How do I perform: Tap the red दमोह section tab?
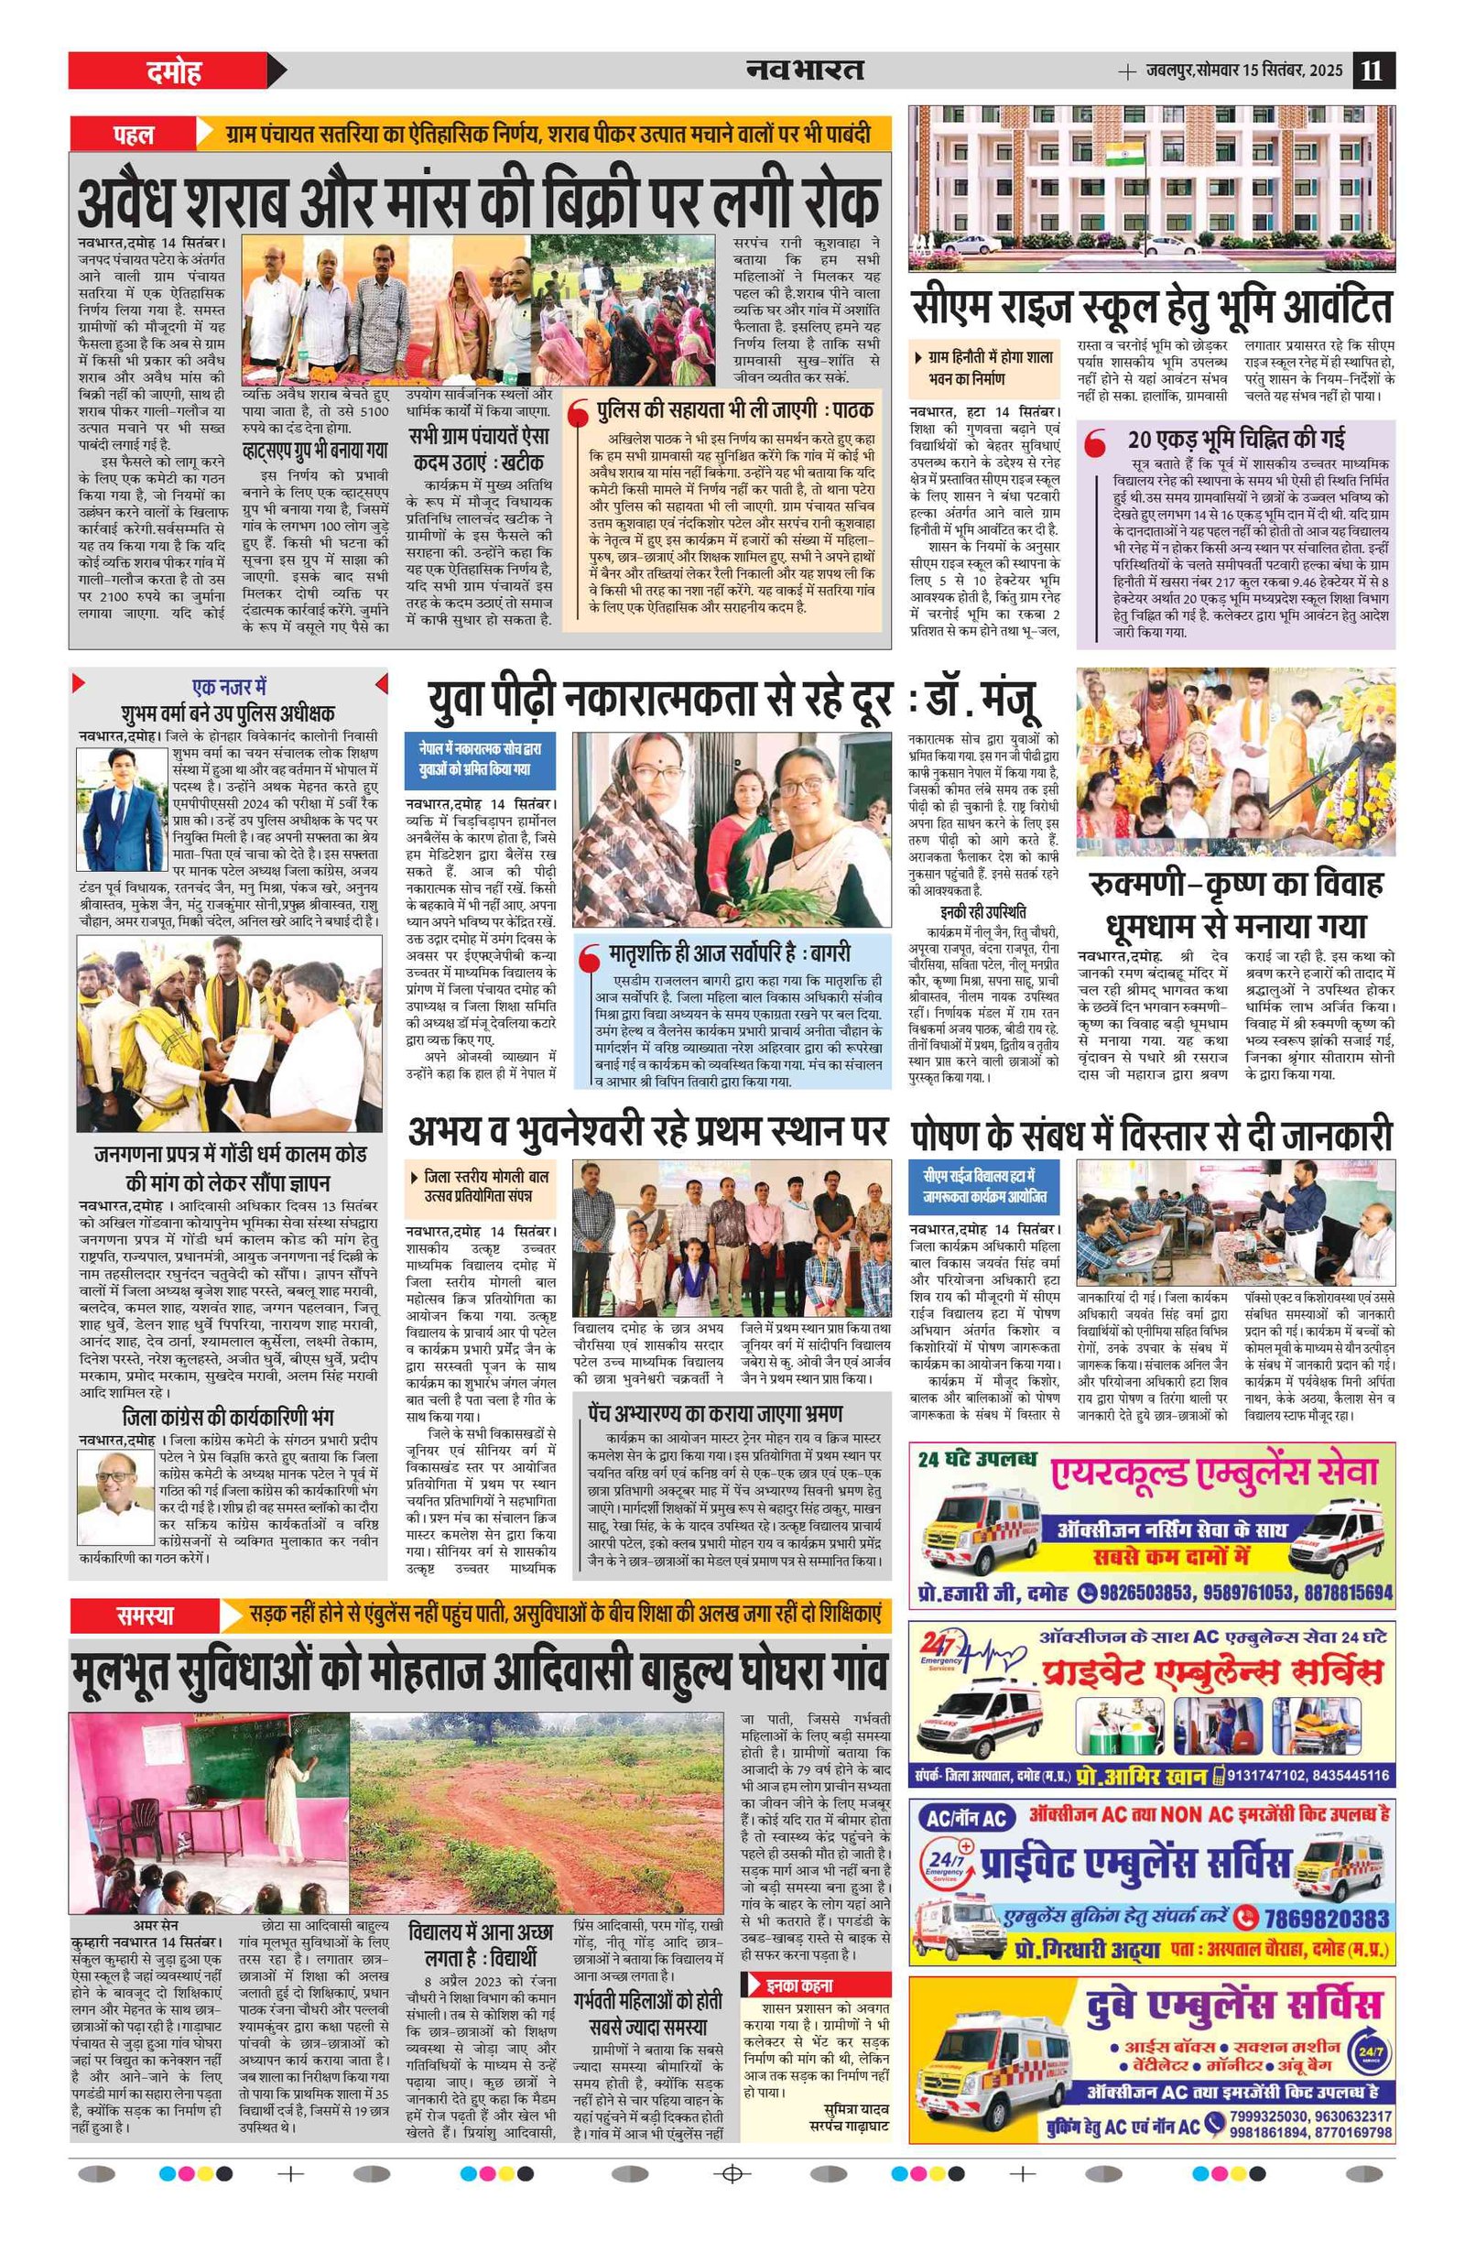point(175,71)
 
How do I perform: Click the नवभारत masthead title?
point(805,70)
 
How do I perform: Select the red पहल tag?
point(134,135)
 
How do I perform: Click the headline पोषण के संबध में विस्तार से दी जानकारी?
point(1151,1136)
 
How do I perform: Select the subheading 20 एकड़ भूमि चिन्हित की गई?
point(1236,439)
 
